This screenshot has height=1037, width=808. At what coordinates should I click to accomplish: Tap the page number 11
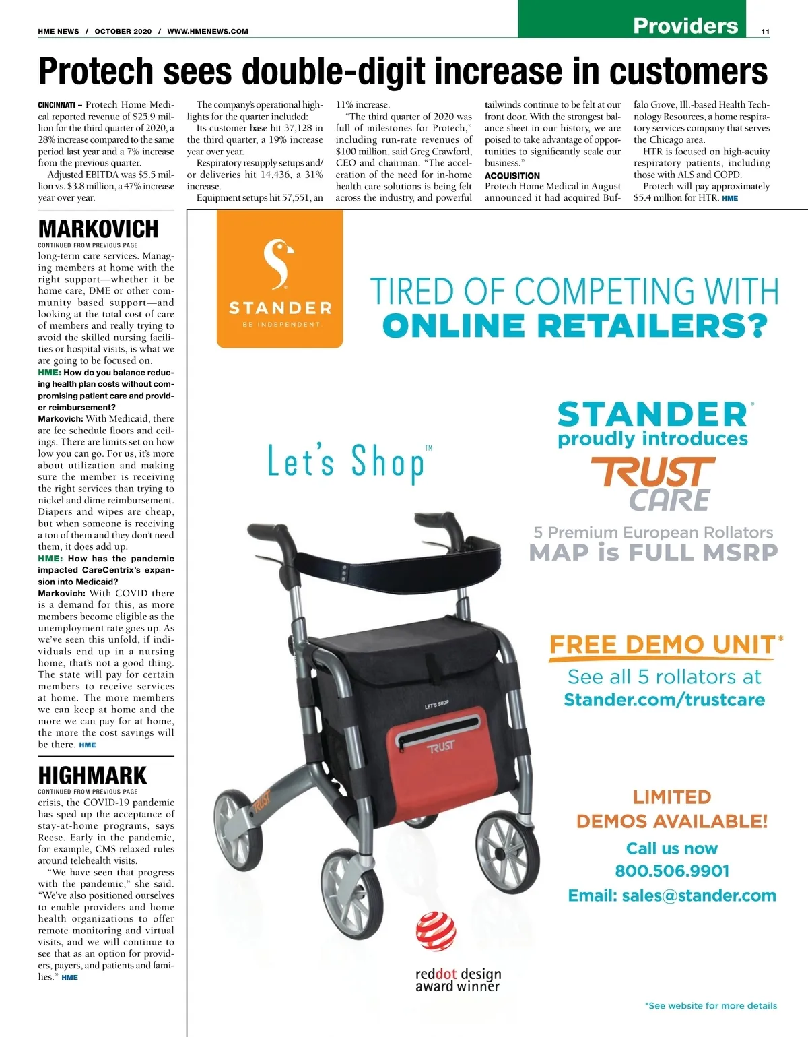(766, 31)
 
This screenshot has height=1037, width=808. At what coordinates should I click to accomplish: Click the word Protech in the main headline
(96, 71)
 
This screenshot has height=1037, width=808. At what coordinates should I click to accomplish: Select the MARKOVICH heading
(98, 229)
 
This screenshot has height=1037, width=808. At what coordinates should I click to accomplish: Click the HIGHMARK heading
(92, 775)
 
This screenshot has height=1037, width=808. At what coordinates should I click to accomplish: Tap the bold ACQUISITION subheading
(512, 175)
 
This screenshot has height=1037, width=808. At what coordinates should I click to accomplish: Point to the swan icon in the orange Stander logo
(279, 264)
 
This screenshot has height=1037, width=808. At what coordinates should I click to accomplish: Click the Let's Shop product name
(347, 462)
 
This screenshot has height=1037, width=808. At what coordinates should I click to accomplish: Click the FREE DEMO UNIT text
(662, 645)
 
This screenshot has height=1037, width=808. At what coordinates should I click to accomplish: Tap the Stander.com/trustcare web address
(664, 699)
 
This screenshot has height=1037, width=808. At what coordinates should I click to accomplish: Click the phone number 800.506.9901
(672, 871)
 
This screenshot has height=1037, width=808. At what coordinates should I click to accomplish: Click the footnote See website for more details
(710, 1005)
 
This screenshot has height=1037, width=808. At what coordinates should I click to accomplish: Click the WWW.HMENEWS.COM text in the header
(207, 31)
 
